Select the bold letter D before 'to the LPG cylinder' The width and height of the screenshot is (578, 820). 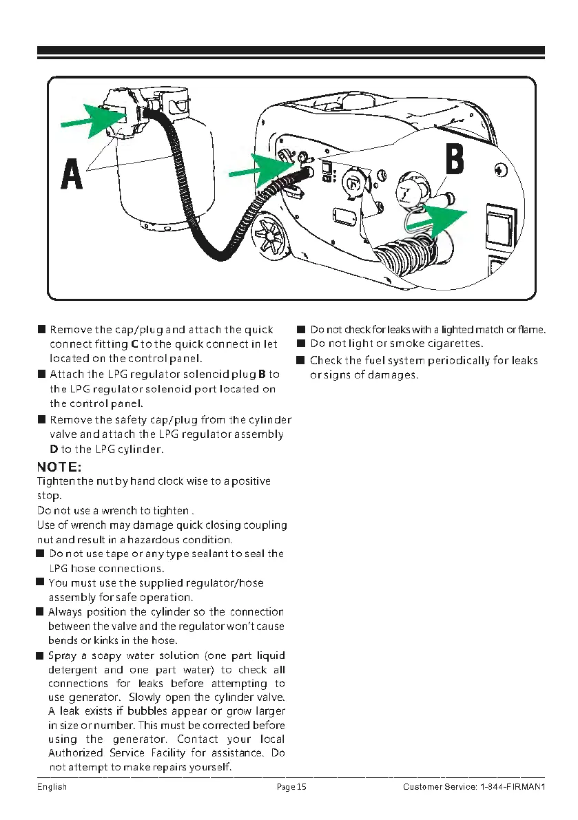[54, 449]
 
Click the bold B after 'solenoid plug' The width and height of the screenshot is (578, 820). [262, 374]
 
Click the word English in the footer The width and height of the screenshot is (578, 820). [52, 787]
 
